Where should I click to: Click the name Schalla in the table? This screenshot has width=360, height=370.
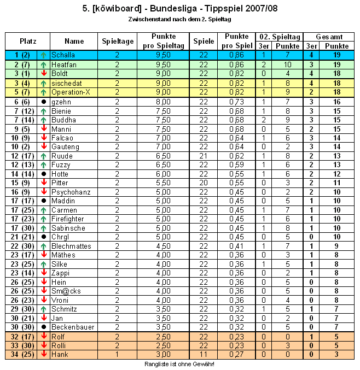coord(63,55)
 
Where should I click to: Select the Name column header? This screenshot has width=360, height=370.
coord(74,41)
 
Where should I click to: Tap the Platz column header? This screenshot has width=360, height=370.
coord(27,41)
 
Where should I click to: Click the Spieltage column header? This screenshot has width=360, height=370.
coord(117,41)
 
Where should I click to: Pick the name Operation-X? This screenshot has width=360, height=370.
coord(70,92)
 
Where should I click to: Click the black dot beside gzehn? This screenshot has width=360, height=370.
coord(43,102)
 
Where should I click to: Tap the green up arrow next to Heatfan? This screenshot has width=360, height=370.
coord(43,64)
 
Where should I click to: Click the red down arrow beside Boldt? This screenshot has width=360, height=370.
coord(43,74)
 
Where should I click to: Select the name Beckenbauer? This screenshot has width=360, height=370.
coord(73,327)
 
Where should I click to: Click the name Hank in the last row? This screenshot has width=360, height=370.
coord(60,355)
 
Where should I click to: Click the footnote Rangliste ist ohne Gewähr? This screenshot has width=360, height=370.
coord(179,364)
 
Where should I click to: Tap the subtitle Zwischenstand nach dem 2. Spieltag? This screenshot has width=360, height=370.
coord(179,19)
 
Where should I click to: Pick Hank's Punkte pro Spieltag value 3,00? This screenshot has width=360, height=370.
coord(164,355)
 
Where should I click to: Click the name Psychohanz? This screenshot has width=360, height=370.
coord(71,192)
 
